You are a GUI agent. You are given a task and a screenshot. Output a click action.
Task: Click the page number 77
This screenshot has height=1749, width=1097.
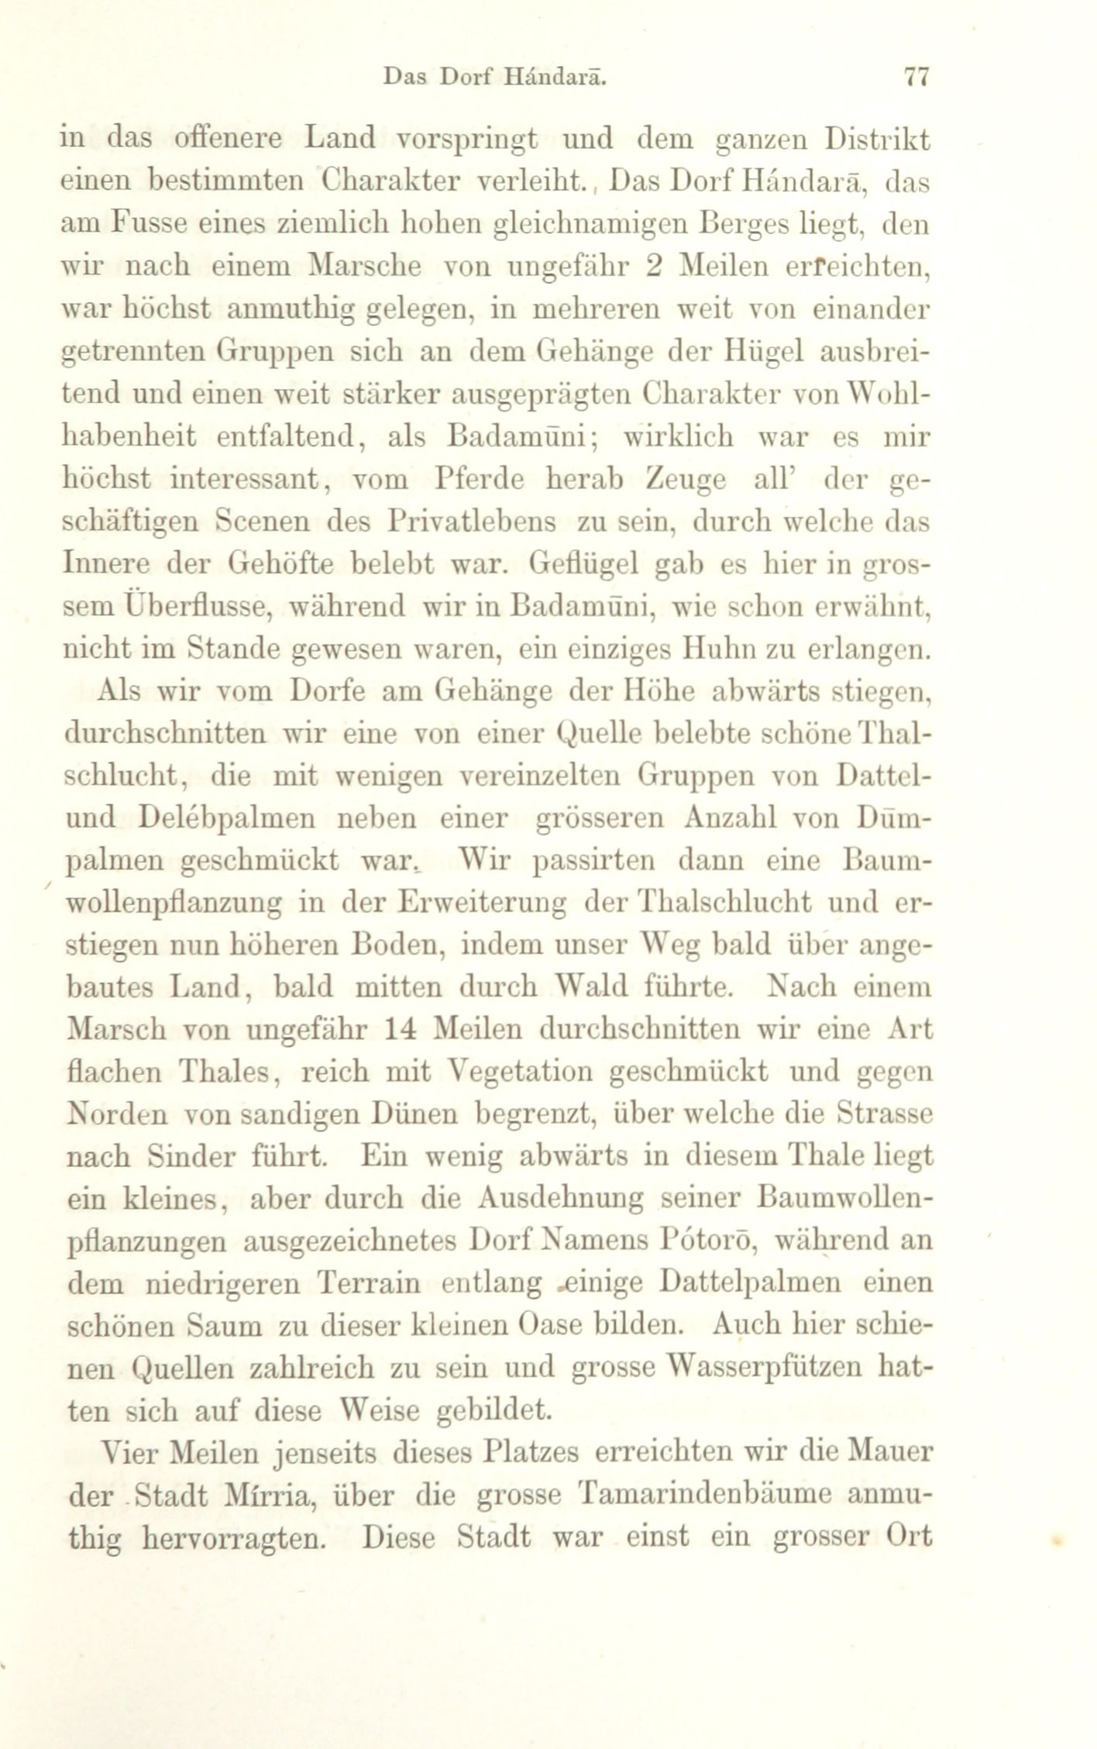pos(916,77)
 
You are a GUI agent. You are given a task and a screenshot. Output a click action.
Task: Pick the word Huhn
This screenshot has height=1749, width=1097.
pos(709,649)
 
